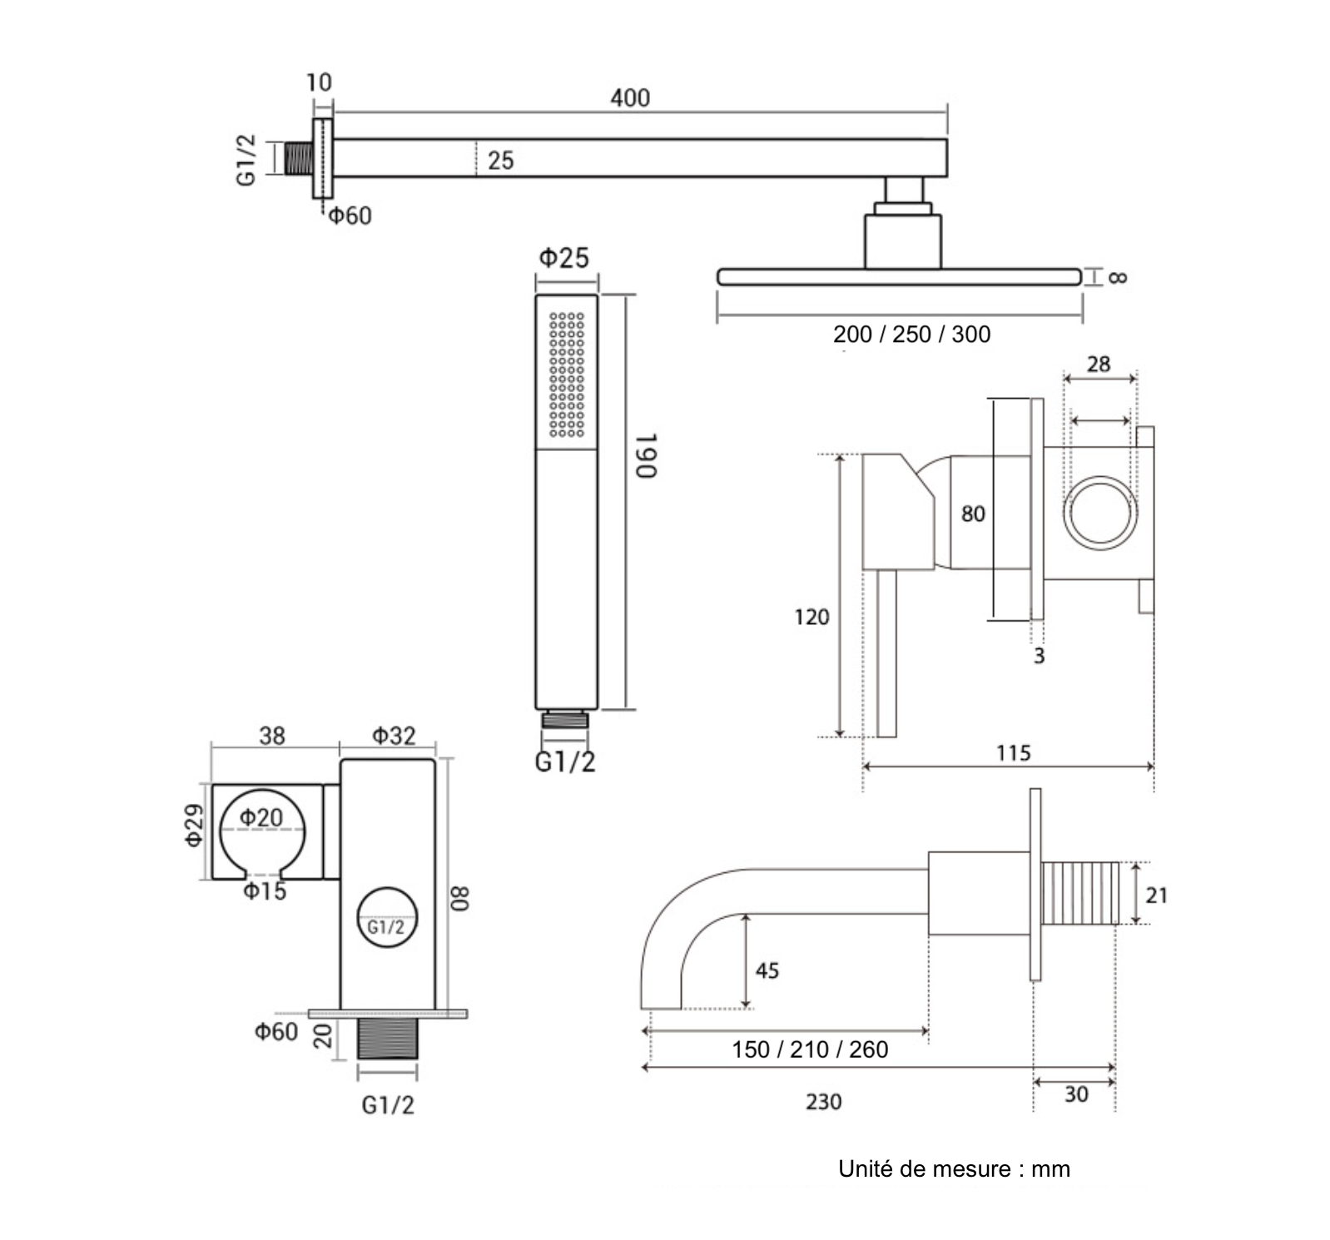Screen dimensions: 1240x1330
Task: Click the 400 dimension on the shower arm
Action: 629,98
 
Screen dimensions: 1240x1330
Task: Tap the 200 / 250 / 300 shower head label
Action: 911,335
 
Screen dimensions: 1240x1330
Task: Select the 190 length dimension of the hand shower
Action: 647,455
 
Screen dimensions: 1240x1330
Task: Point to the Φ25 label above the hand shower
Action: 563,258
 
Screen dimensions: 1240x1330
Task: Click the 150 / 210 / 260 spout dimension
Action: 810,1049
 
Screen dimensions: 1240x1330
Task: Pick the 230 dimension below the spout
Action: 823,1102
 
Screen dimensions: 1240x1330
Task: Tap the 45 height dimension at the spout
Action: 767,970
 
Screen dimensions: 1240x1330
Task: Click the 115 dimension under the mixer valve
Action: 1013,753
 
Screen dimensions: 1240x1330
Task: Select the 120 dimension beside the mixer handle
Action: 811,617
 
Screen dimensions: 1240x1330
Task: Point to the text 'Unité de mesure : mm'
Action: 954,1169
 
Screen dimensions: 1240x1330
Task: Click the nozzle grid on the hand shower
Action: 567,374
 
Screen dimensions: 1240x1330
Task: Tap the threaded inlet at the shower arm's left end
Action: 299,158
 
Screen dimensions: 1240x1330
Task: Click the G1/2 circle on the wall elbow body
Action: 386,920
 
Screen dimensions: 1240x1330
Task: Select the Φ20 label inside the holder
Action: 261,818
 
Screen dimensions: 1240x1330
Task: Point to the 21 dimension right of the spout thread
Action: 1156,895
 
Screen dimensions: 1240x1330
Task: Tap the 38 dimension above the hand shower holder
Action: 271,736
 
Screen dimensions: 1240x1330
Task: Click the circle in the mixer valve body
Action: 1100,513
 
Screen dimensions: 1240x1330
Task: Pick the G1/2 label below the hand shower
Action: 565,762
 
